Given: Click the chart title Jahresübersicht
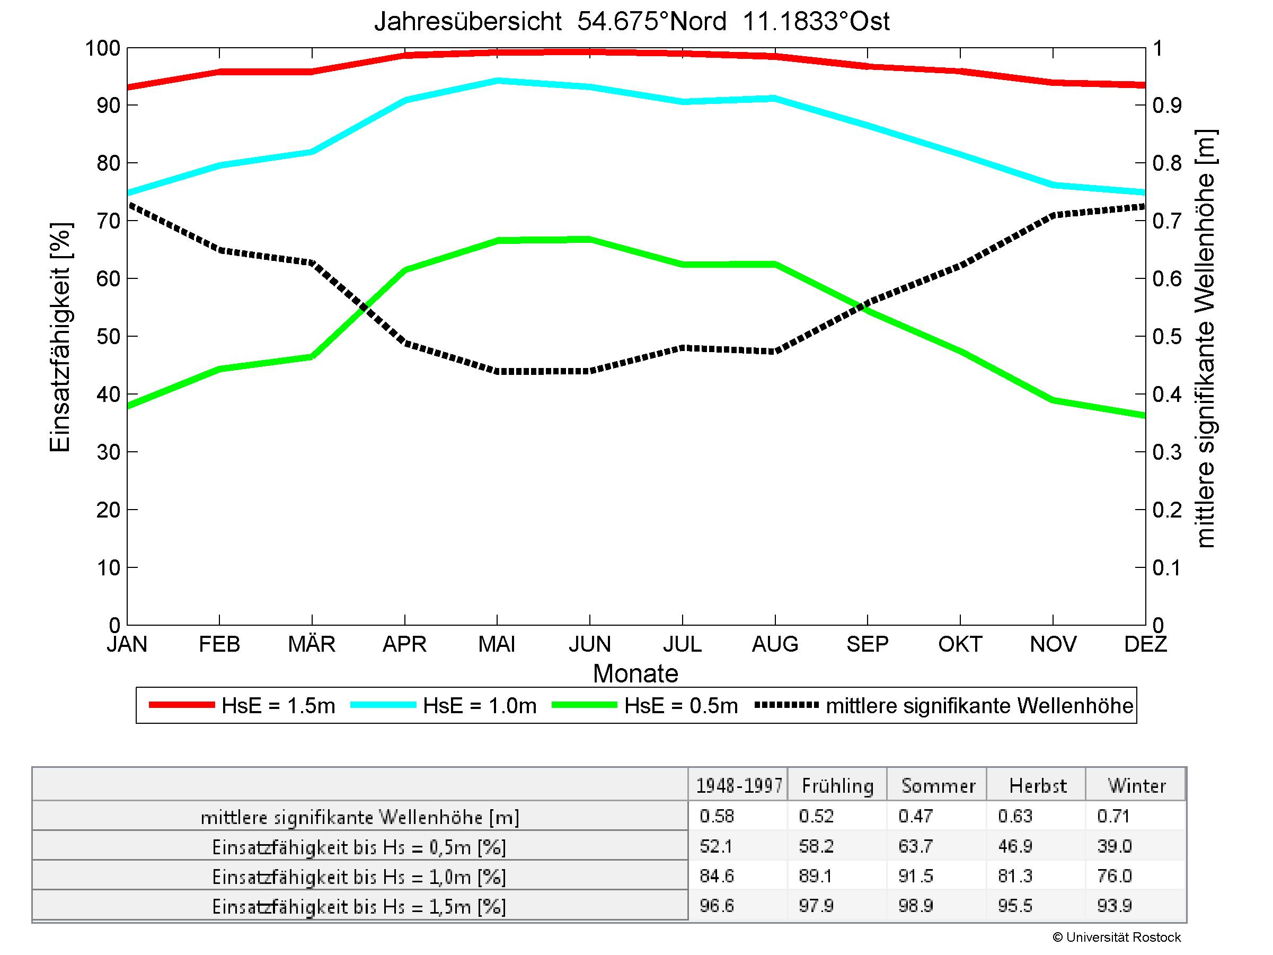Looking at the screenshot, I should click(x=631, y=22).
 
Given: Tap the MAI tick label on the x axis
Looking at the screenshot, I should click(x=497, y=644).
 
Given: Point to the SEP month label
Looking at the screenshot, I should click(x=867, y=644).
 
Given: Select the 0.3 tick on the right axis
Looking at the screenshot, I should click(x=1167, y=452).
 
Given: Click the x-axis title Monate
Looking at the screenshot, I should click(x=635, y=673).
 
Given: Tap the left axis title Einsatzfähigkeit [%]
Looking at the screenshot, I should click(x=60, y=337).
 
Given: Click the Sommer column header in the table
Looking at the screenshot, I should click(x=938, y=786).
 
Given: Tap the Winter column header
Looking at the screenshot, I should click(x=1137, y=786).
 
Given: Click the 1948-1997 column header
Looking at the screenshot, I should click(x=739, y=786).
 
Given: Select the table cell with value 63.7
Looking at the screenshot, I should click(x=915, y=846).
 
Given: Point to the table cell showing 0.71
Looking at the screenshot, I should click(x=1113, y=816).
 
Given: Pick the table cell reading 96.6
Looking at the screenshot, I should click(x=717, y=906).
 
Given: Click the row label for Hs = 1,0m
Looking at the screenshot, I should click(x=359, y=877).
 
